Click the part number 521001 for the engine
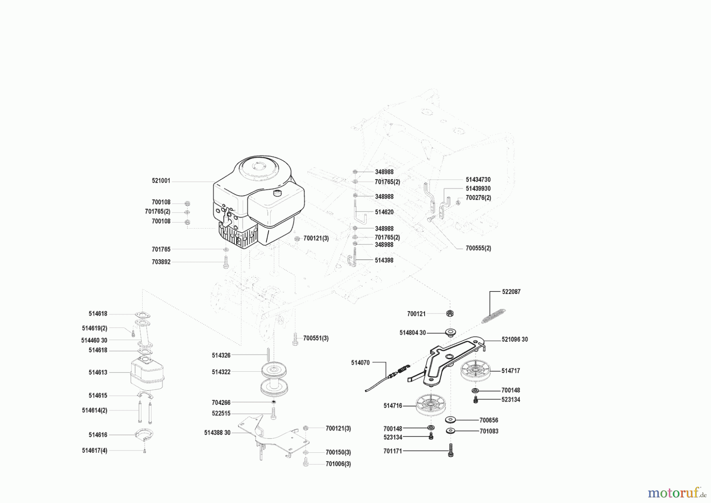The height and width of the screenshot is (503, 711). [161, 181]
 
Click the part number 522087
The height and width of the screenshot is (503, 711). [511, 292]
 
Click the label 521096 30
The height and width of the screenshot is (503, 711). [515, 339]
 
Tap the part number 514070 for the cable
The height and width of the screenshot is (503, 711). [360, 363]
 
